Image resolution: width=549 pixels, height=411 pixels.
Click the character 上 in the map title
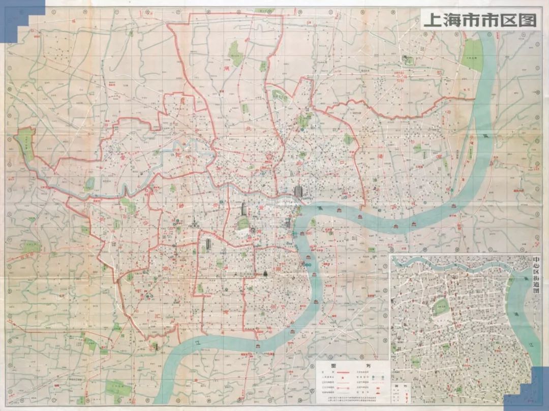pyautogui.click(x=432, y=20)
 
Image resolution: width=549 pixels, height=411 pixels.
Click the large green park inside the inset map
pyautogui.click(x=441, y=307)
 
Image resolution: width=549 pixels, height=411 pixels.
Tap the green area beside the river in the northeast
pyautogui.click(x=472, y=54)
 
